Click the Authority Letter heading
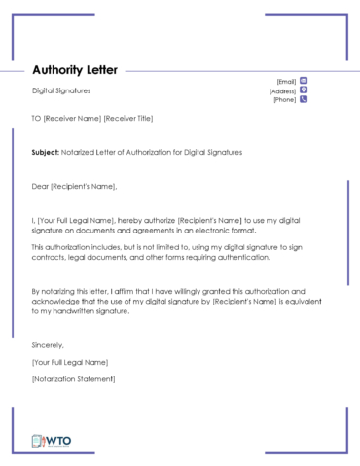tap(75, 70)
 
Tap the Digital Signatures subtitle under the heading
tap(61, 90)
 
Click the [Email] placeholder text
tap(286, 81)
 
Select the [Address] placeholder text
tap(282, 90)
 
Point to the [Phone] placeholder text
tap(284, 100)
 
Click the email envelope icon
tap(304, 81)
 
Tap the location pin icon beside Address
tap(304, 90)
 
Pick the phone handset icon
tap(304, 99)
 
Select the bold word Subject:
tap(45, 153)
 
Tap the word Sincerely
tap(48, 345)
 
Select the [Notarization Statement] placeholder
tap(74, 377)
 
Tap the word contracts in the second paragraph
tap(48, 258)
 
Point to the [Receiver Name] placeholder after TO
tap(72, 119)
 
